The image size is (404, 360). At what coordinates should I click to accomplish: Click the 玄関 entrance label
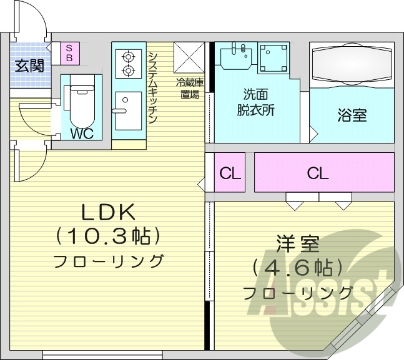30,65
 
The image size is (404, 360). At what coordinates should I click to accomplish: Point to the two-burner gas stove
128,63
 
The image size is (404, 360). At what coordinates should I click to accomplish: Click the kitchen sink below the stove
128,110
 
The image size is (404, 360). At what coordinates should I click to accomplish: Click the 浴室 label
352,115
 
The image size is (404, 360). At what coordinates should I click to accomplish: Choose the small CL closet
230,173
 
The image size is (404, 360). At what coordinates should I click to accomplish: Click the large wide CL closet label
317,173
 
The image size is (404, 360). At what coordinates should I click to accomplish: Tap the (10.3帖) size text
108,236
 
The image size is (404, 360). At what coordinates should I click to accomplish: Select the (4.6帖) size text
298,268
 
